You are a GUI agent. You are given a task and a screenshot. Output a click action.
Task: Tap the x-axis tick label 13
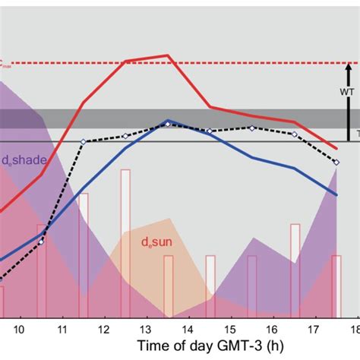pos(147,328)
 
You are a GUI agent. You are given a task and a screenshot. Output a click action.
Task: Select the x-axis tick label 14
pos(189,328)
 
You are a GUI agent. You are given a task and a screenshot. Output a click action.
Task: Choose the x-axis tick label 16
pos(273,328)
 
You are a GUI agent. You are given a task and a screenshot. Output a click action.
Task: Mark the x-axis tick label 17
pos(315,328)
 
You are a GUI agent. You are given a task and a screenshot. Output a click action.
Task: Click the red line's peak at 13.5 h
pos(168,55)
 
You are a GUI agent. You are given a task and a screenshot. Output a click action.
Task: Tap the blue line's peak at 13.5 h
pos(168,120)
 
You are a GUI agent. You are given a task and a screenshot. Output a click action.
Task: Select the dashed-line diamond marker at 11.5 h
pos(84,142)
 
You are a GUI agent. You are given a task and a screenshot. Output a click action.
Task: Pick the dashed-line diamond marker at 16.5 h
pos(295,134)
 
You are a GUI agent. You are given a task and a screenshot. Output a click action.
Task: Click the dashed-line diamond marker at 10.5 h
pos(41,242)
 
